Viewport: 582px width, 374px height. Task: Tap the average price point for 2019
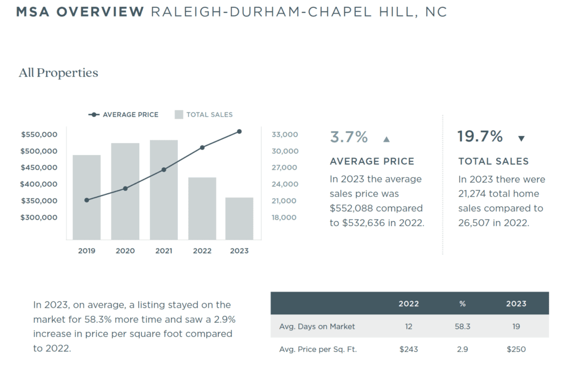click(x=86, y=200)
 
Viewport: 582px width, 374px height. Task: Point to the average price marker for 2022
click(x=202, y=148)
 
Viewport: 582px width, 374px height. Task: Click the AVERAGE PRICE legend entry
click(x=124, y=115)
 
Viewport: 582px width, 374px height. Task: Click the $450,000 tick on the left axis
click(x=39, y=168)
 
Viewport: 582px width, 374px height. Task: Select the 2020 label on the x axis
click(x=125, y=251)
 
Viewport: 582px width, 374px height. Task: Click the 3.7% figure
click(x=349, y=137)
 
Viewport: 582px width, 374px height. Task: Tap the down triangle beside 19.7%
click(x=521, y=139)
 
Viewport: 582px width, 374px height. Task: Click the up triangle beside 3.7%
click(x=386, y=139)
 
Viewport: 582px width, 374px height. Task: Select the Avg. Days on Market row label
click(x=317, y=327)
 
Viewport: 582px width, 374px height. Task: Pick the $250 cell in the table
click(x=516, y=350)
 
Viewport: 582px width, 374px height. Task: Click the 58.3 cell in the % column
click(x=462, y=327)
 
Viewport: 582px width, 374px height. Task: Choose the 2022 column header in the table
click(x=409, y=304)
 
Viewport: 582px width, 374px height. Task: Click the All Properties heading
click(x=59, y=73)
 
